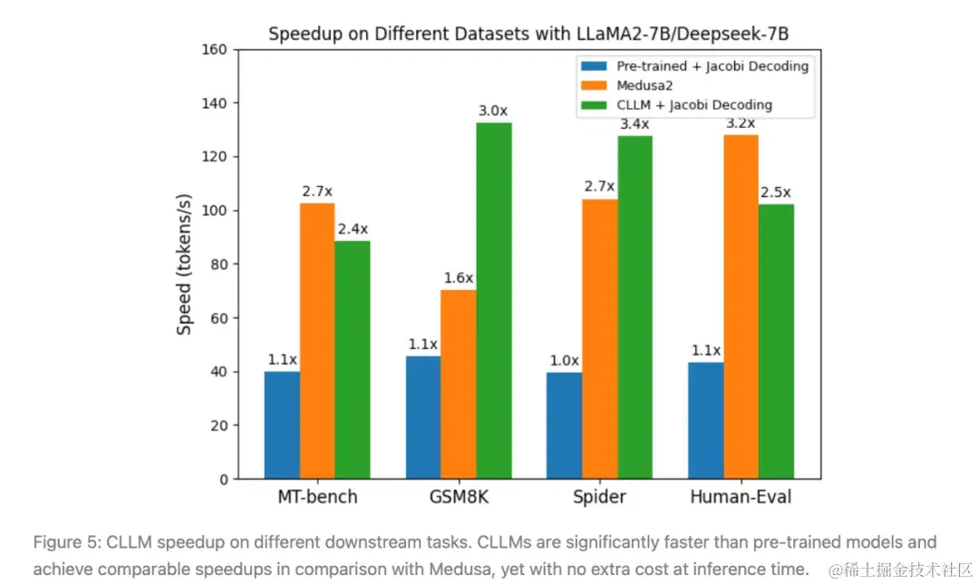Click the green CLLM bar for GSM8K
coord(494,300)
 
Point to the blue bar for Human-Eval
coord(706,420)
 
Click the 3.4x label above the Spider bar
coord(635,123)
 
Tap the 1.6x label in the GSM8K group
coord(459,278)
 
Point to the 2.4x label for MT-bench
coord(353,229)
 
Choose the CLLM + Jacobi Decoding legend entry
coord(676,105)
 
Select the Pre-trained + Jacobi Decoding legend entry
coord(694,66)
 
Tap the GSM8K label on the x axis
coord(460,497)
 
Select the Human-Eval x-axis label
coord(742,497)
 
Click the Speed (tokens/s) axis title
coord(185,264)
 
